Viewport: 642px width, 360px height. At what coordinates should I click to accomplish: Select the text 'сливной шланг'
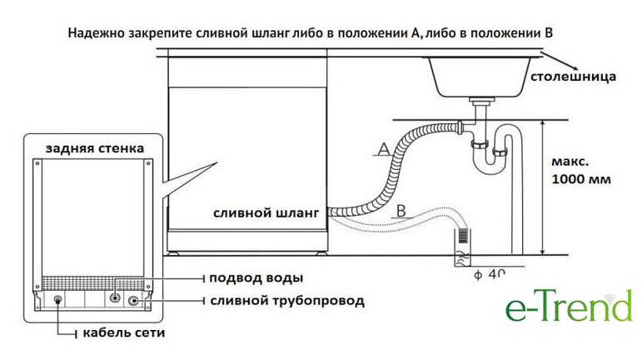[266, 213]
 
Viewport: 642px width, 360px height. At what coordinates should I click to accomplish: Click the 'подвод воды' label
[256, 277]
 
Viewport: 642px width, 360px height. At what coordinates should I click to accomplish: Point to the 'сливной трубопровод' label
[286, 300]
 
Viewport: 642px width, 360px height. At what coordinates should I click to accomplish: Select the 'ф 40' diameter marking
[490, 272]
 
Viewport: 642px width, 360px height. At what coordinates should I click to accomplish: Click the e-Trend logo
[569, 307]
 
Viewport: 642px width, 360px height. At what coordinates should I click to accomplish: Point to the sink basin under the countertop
[479, 76]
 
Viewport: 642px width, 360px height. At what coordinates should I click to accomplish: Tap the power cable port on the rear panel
[57, 300]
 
